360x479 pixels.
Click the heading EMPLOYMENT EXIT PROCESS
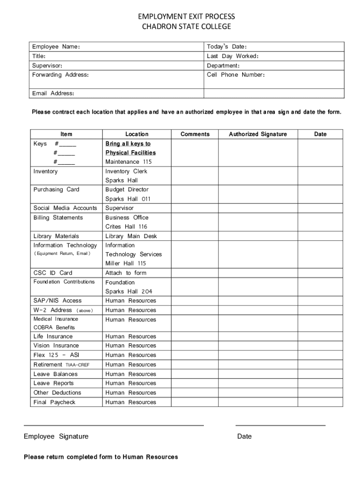coord(186,17)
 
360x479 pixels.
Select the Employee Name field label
coord(56,47)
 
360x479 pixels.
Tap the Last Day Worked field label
coord(233,56)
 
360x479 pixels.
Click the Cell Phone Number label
coord(236,75)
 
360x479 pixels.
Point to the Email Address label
coord(53,93)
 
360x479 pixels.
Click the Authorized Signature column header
coord(258,134)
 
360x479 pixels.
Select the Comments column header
coord(195,134)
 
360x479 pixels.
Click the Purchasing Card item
coord(56,189)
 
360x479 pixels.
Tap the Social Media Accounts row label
coord(65,208)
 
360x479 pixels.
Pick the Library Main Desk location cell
coord(131,236)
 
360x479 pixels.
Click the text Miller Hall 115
coord(125,263)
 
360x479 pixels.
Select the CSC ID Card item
coord(53,273)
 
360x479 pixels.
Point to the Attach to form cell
coord(126,273)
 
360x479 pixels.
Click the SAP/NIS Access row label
coord(57,301)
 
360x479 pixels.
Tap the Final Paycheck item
coord(54,402)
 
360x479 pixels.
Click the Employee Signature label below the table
coord(56,436)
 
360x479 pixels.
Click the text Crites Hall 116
coord(126,227)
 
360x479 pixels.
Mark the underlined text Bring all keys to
coord(128,144)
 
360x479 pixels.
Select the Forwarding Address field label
coord(60,75)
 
